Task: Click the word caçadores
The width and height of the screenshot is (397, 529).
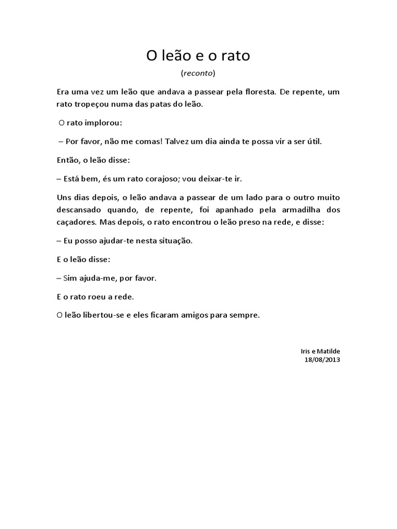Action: (78, 222)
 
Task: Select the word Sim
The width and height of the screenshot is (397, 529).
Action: (69, 278)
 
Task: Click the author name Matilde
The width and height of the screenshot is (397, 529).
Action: (329, 351)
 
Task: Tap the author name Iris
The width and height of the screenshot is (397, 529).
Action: (306, 351)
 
